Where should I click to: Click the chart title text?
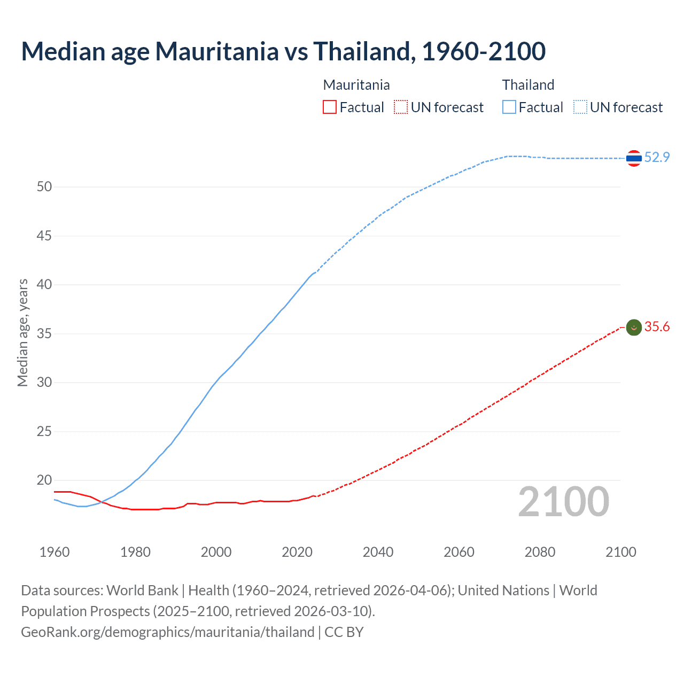pos(283,51)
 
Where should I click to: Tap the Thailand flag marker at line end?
pos(634,158)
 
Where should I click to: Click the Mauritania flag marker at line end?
pos(634,327)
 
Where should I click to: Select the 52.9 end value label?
pos(657,157)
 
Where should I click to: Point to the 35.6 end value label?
pos(657,327)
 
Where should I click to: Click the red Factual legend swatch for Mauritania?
pos(330,107)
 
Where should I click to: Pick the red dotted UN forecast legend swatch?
pos(401,107)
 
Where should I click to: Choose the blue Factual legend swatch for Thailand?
pos(509,107)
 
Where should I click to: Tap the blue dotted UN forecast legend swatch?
pos(580,107)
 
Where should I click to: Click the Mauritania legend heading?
pos(356,85)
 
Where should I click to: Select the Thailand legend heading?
pos(528,85)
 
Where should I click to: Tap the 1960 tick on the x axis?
pos(55,552)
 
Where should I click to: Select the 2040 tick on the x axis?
pos(378,552)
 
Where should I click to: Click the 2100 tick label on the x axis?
pos(621,552)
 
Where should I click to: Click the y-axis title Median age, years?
pos(22,332)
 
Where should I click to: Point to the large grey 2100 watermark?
pos(563,502)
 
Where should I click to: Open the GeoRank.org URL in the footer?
pos(167,632)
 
